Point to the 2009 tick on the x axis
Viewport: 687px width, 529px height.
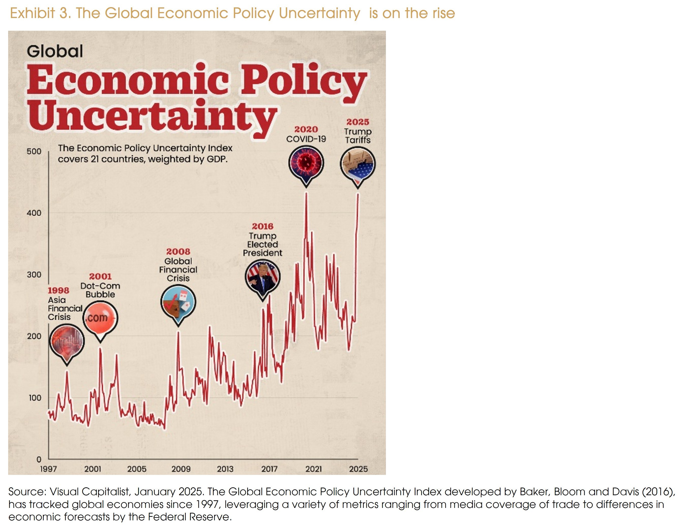[181, 469]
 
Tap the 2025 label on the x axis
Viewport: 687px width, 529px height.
[358, 469]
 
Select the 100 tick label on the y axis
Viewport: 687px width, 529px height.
[35, 398]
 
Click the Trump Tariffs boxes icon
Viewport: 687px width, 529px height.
[358, 164]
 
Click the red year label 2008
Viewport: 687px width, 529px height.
[178, 252]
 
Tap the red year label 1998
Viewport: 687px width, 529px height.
[58, 290]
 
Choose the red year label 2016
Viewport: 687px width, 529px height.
[262, 226]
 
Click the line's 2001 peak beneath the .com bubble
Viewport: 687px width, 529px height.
[100, 348]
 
